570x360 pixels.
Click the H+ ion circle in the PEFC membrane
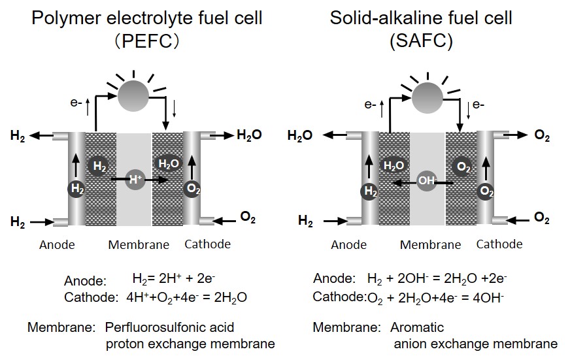[135, 179]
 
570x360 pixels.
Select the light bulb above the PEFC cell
[133, 95]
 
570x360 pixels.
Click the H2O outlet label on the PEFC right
[249, 135]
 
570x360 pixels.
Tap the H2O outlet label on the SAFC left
[300, 136]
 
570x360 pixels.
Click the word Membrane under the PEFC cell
[139, 245]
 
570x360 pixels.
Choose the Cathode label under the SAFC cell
[499, 244]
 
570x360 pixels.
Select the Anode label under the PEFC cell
[57, 245]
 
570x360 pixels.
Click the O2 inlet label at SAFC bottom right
[542, 218]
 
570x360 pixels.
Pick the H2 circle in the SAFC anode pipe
[371, 191]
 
